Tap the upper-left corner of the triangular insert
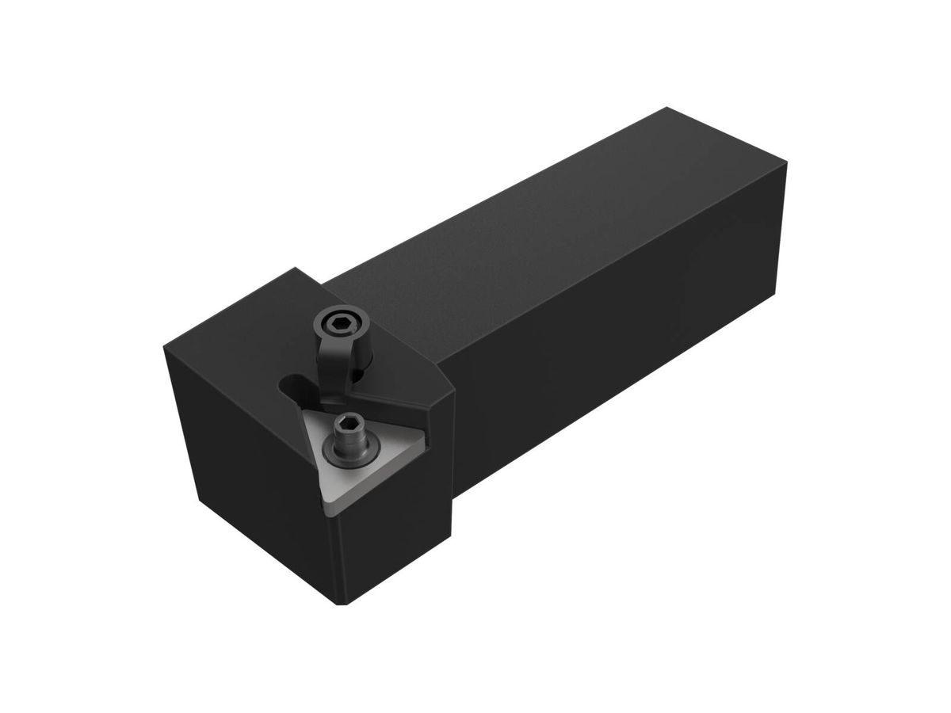[x=302, y=406]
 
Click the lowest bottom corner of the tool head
[x=342, y=604]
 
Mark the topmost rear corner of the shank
[x=667, y=108]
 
